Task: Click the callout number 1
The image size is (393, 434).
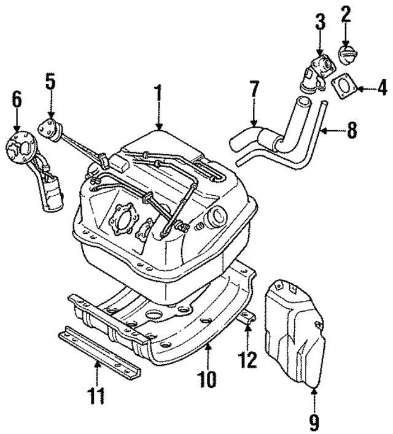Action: pos(158,95)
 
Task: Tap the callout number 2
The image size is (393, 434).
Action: pos(346,14)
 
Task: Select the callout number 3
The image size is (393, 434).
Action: pos(319,23)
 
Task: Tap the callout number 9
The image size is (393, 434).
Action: pos(314,422)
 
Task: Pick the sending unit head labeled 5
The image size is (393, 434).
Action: pos(50,130)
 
